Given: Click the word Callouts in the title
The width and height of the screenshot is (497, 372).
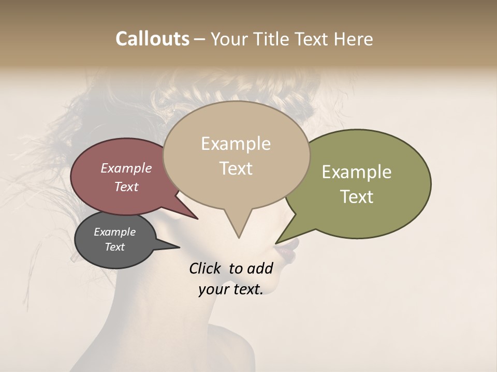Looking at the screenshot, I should click(x=152, y=39).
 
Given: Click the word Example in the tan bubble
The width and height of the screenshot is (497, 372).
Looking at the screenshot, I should click(x=236, y=144).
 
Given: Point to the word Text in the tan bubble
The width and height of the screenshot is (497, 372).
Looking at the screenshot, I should click(x=236, y=168).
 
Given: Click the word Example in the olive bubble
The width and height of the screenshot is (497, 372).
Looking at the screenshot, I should click(x=357, y=172).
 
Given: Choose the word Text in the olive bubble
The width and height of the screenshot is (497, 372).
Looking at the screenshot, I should click(x=357, y=197).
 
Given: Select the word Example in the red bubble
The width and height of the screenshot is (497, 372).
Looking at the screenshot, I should click(x=126, y=168).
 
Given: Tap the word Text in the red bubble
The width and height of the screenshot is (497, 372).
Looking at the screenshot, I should click(x=126, y=187).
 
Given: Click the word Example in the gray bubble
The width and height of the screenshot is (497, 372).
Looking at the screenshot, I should click(x=114, y=232).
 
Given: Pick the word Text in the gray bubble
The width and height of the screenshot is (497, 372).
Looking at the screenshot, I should click(x=114, y=247).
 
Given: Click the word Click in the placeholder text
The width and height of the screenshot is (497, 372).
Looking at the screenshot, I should click(x=204, y=268).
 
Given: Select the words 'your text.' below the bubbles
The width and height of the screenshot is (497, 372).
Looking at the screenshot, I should click(x=230, y=289).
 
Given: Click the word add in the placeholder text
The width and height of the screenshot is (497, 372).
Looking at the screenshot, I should click(x=260, y=268).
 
